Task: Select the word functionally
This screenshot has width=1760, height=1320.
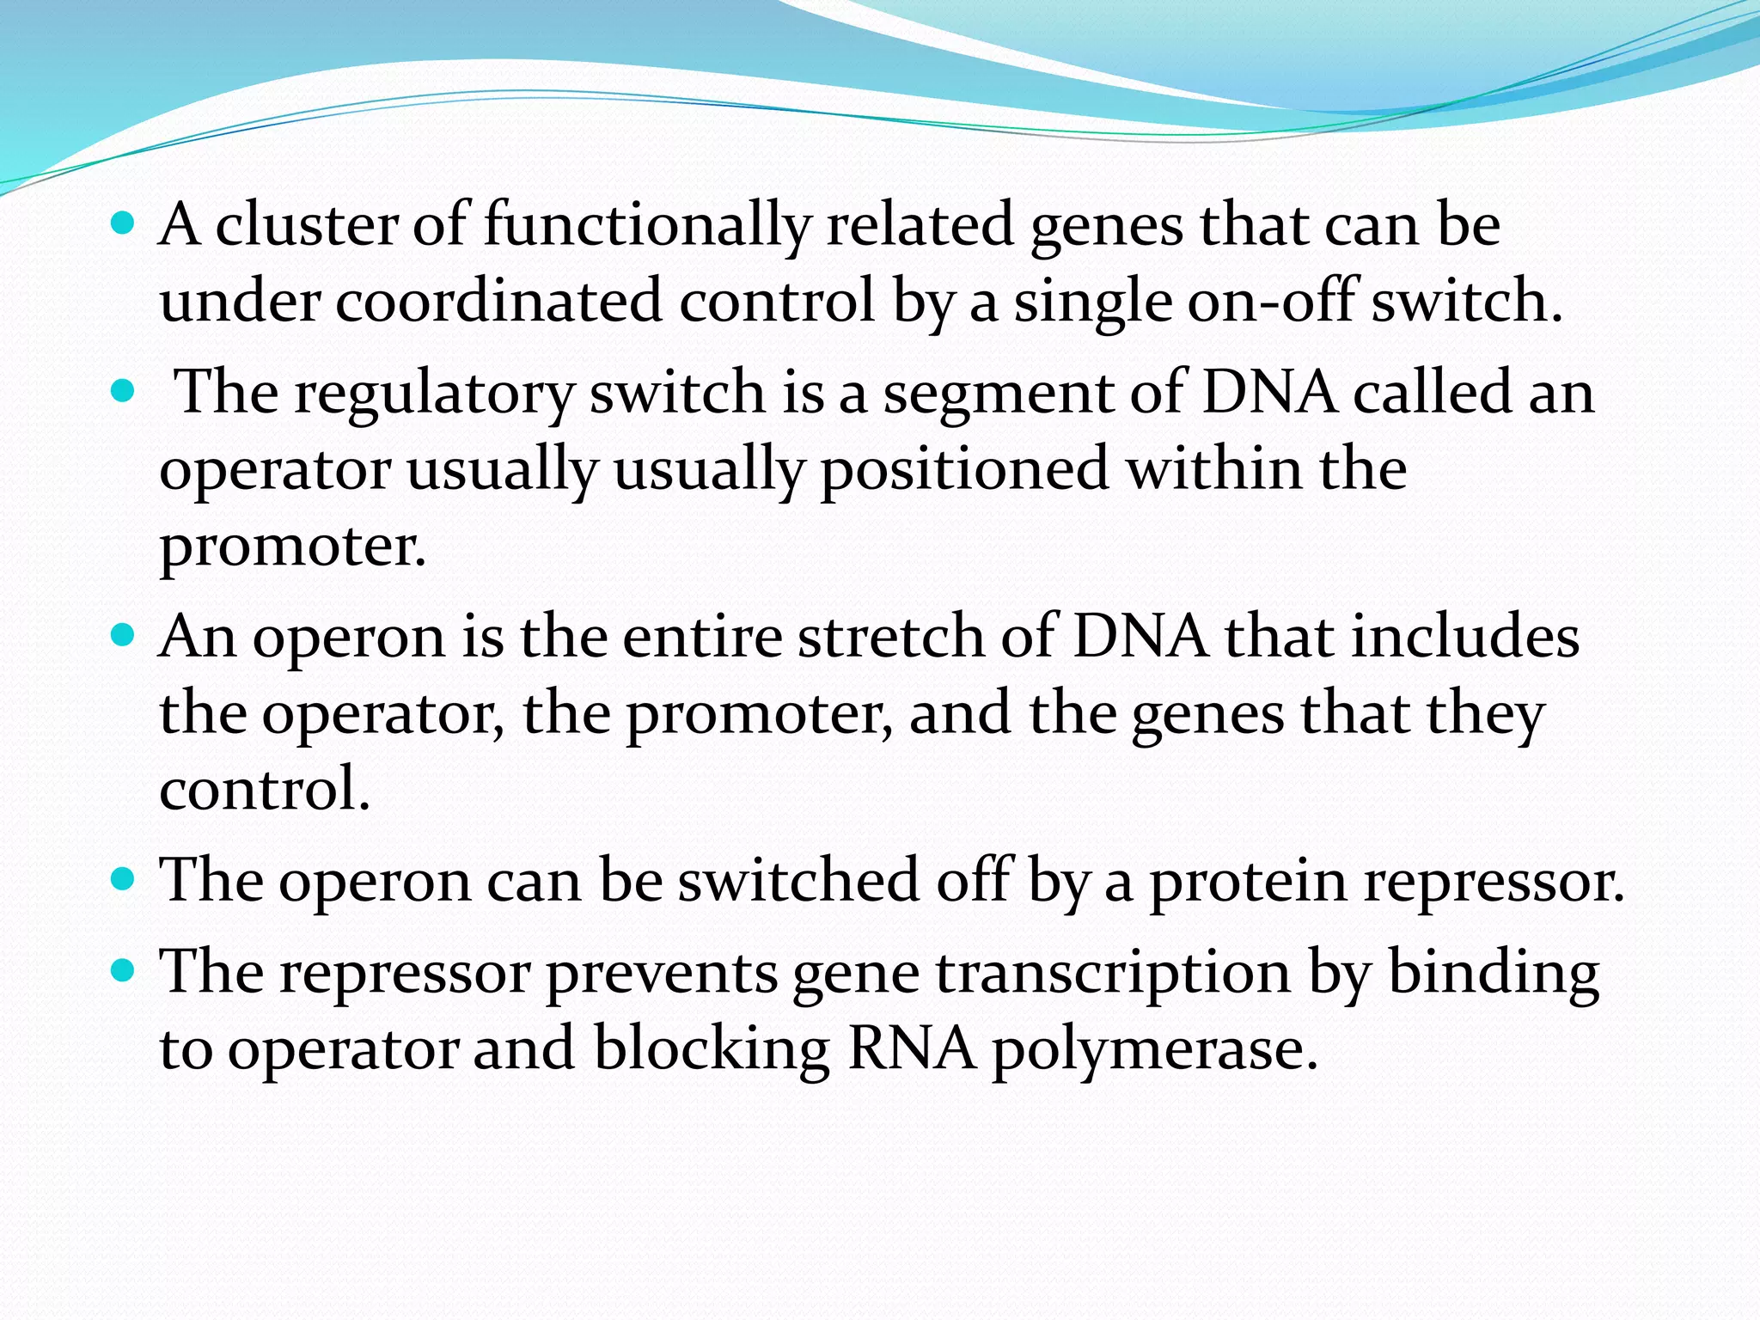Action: tap(647, 225)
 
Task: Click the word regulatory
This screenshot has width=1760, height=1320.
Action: tap(434, 393)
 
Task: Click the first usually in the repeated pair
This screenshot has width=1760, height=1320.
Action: tap(502, 469)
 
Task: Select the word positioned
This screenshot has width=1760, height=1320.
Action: tap(964, 469)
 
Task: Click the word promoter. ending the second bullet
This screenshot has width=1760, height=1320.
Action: tap(292, 547)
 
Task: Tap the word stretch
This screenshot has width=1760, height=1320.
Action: tap(890, 637)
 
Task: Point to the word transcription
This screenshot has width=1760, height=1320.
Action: tap(1113, 973)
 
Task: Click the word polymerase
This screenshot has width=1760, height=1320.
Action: tap(1155, 1050)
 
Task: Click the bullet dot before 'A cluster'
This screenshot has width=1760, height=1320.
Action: tap(124, 226)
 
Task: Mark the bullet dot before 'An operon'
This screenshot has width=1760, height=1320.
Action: tap(124, 637)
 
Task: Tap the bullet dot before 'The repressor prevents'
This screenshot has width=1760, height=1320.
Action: tap(124, 972)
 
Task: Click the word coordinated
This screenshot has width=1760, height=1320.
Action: tap(498, 301)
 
